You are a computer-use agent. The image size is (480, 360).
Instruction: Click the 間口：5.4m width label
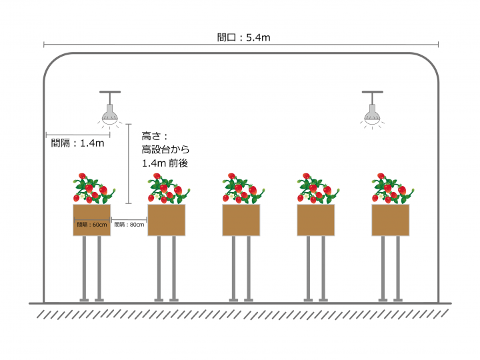tap(244, 37)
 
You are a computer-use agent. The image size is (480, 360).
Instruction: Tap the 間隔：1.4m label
tap(77, 143)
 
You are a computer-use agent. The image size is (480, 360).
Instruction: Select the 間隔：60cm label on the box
tap(92, 225)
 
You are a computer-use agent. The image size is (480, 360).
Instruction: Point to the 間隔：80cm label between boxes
tap(129, 225)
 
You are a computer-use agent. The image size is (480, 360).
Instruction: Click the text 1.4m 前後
tap(165, 163)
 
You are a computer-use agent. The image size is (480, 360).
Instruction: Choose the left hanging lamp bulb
tap(109, 115)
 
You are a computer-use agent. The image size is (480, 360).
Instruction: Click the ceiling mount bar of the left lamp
tap(110, 92)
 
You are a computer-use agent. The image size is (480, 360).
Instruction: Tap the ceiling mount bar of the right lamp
tap(372, 92)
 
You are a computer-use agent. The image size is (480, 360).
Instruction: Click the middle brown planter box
tap(241, 220)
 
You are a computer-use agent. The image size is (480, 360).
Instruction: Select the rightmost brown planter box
tap(391, 220)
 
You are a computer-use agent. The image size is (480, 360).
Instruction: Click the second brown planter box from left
tap(167, 220)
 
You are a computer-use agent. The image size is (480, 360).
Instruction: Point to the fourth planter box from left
tap(316, 220)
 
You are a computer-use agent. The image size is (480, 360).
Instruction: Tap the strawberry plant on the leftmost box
tap(93, 189)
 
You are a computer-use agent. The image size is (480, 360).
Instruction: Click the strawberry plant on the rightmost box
tap(393, 189)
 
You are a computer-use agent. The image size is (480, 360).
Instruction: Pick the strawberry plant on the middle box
tap(243, 189)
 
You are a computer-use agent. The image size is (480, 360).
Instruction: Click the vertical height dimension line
tap(129, 164)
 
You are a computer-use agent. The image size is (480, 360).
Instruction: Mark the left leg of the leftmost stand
tap(84, 269)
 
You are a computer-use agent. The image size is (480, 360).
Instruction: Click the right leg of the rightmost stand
tap(398, 269)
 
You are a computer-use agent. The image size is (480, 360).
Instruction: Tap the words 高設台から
tap(165, 149)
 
